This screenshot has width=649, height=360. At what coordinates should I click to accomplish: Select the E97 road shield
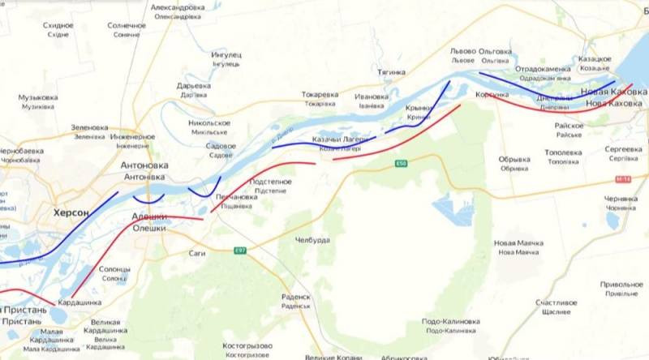point(240,250)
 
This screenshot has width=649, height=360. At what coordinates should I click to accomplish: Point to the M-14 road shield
point(622,179)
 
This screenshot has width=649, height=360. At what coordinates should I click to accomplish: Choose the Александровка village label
point(178,7)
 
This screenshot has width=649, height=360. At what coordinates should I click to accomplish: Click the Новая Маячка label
point(518,243)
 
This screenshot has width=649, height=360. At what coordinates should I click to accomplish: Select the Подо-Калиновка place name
point(449,322)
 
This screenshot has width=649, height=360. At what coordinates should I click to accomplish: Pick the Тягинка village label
point(391,72)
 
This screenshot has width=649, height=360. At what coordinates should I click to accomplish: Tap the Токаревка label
point(320,95)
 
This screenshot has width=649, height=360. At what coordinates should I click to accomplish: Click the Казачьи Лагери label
point(340,139)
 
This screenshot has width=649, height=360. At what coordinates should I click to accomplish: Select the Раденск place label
point(296,297)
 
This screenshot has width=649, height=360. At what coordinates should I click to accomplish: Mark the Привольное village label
point(621,285)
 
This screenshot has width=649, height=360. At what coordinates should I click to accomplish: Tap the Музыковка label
point(37,98)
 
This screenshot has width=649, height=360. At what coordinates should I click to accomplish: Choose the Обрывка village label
point(514,160)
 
